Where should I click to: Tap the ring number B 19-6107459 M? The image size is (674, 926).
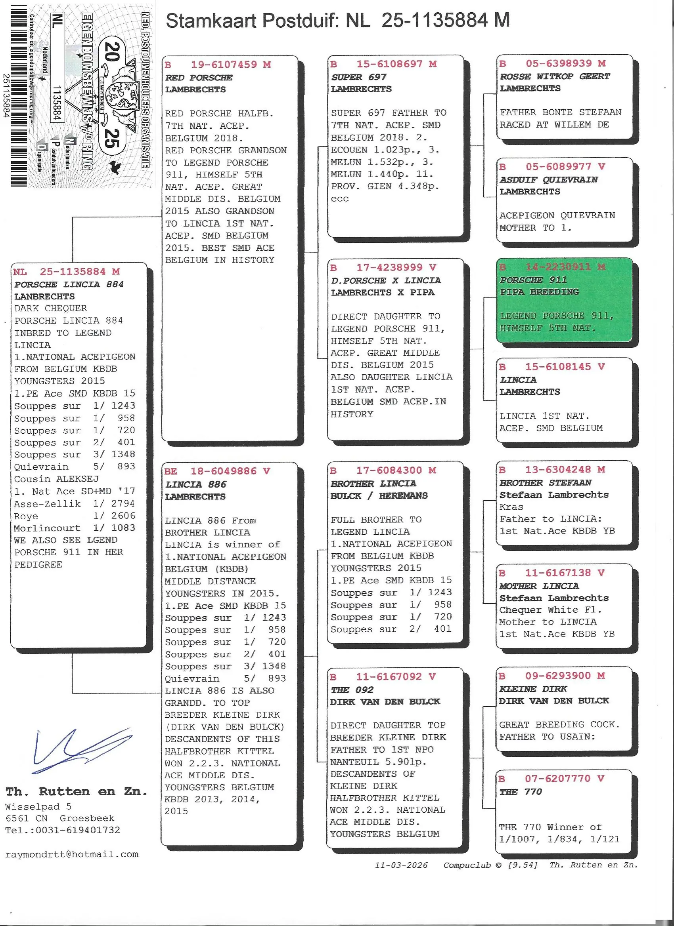218,65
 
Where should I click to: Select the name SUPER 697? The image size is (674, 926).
358,77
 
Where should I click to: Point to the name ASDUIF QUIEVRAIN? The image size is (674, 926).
549,180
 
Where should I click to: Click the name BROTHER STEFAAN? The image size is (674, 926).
545,482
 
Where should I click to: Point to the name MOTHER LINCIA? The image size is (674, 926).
539,586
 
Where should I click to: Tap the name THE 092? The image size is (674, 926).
352,690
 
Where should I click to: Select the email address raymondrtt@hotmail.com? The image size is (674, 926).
72,854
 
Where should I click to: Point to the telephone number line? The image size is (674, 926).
63,830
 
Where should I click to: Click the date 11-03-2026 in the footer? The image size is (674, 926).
401,865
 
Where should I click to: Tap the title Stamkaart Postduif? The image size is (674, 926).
251,21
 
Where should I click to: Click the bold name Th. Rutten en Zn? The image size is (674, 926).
77,791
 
